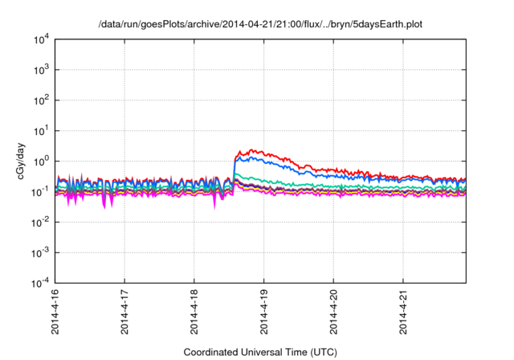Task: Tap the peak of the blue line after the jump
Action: coord(242,157)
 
